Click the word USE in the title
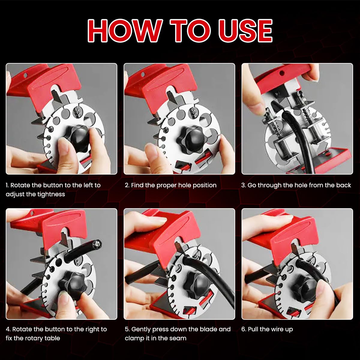point(245,31)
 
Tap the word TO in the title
point(190,31)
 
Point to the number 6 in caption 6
point(243,329)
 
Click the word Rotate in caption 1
point(20,185)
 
